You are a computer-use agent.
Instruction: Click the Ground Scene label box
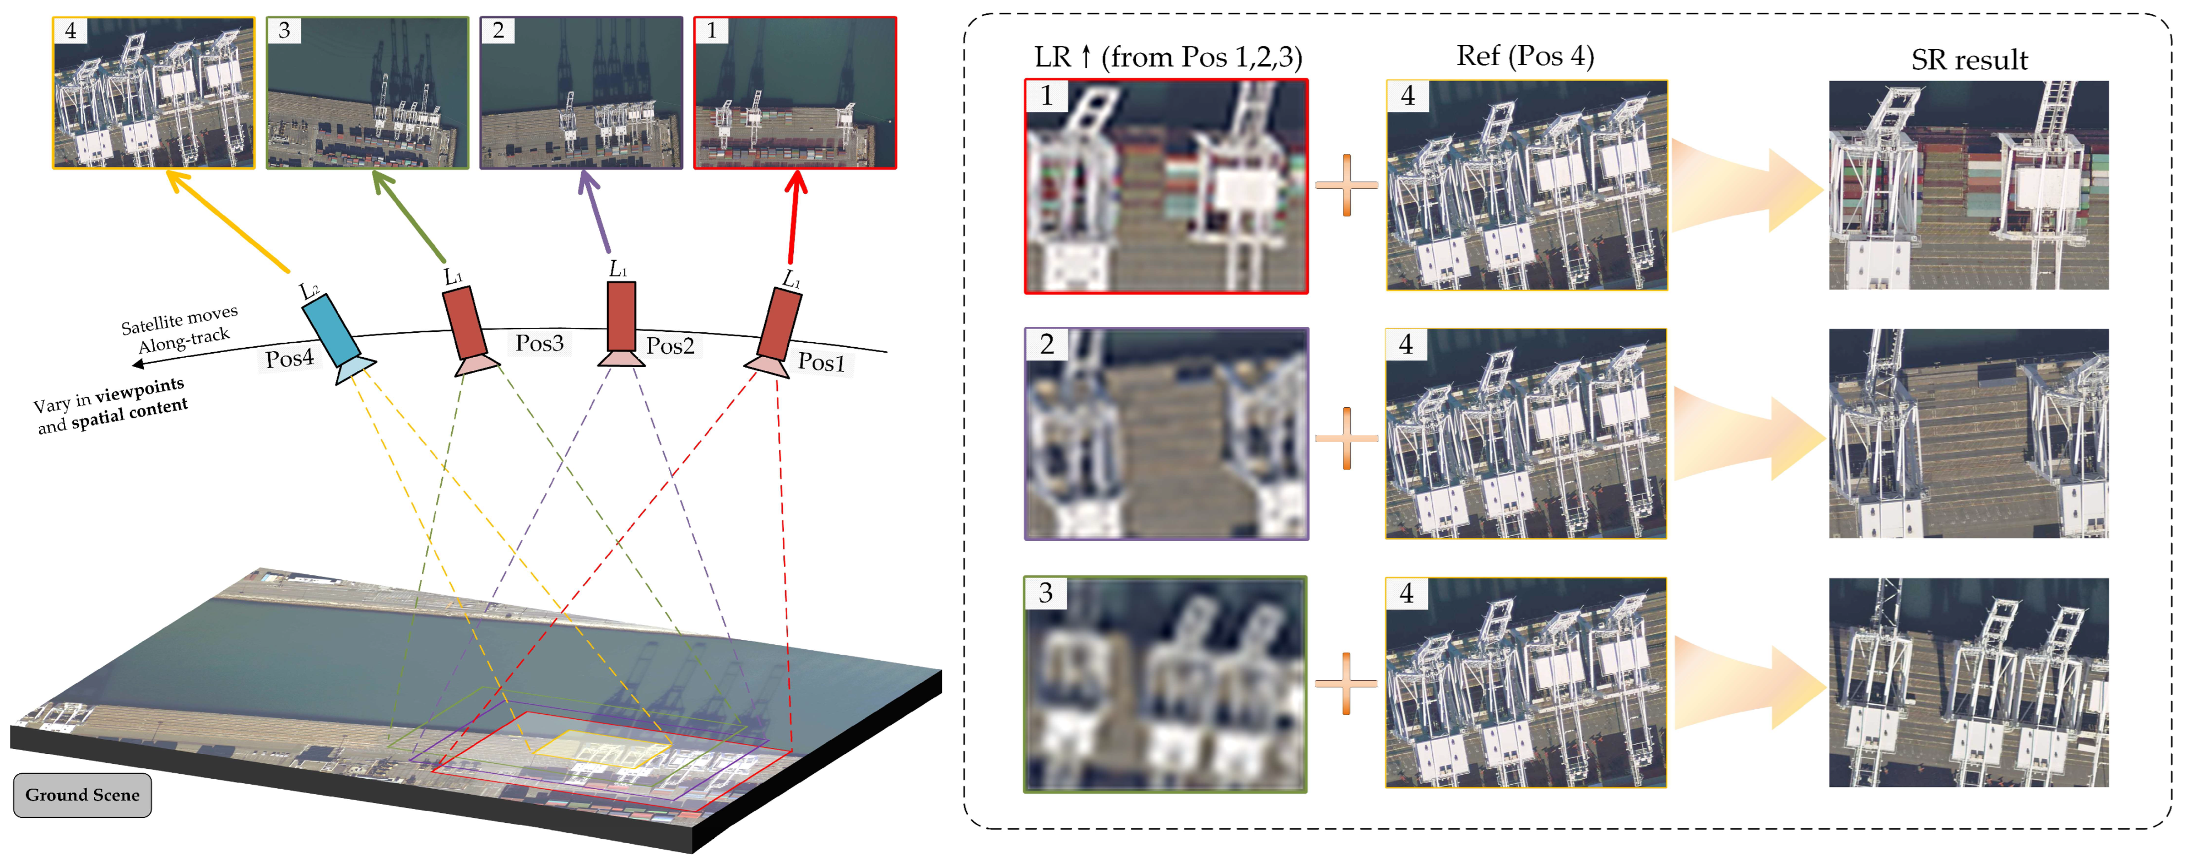pyautogui.click(x=82, y=795)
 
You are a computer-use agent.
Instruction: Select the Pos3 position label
pyautogui.click(x=539, y=343)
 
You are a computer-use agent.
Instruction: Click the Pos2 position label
pyautogui.click(x=670, y=346)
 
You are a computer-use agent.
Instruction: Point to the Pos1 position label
pyautogui.click(x=821, y=363)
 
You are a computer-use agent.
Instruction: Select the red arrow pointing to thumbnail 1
pyautogui.click(x=794, y=217)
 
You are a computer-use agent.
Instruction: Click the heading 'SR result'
pyautogui.click(x=1969, y=60)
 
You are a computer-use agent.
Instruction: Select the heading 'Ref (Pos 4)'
pyautogui.click(x=1525, y=56)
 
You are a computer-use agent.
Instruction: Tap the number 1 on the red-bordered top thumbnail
pyautogui.click(x=711, y=30)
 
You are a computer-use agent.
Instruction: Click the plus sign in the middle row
pyautogui.click(x=1346, y=438)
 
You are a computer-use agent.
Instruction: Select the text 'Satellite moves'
pyautogui.click(x=179, y=320)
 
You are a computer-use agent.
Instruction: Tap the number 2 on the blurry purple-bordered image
pyautogui.click(x=1046, y=344)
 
